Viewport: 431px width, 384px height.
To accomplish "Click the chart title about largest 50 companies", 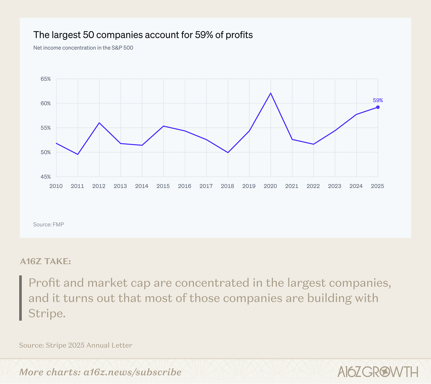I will [143, 35].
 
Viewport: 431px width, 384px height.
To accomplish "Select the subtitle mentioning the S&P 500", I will [83, 48].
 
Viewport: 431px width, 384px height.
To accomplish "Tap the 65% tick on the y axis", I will [46, 79].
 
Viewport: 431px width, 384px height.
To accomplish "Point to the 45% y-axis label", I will [46, 177].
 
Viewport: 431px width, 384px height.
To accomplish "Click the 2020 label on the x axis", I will [270, 186].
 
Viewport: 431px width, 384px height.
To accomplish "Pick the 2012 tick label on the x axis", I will [99, 186].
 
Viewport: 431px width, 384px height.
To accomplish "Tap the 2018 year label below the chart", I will [227, 186].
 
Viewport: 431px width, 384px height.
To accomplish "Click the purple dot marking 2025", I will [378, 107].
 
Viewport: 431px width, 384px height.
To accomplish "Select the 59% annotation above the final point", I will [378, 100].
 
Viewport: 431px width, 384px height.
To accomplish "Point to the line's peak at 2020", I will [271, 93].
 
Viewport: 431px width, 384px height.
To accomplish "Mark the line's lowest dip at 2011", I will [78, 154].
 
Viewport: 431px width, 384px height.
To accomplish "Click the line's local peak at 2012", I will [99, 123].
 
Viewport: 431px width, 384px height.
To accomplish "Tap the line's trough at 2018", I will [228, 152].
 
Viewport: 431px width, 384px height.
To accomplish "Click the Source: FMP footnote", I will [49, 224].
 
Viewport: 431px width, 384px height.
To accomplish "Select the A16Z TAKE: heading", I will [45, 261].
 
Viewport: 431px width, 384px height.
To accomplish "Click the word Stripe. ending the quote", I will [47, 313].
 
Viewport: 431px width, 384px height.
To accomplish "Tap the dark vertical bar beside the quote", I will [20, 298].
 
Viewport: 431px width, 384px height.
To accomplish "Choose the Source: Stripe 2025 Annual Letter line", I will [75, 345].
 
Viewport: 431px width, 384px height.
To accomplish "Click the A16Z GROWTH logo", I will [377, 372].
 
